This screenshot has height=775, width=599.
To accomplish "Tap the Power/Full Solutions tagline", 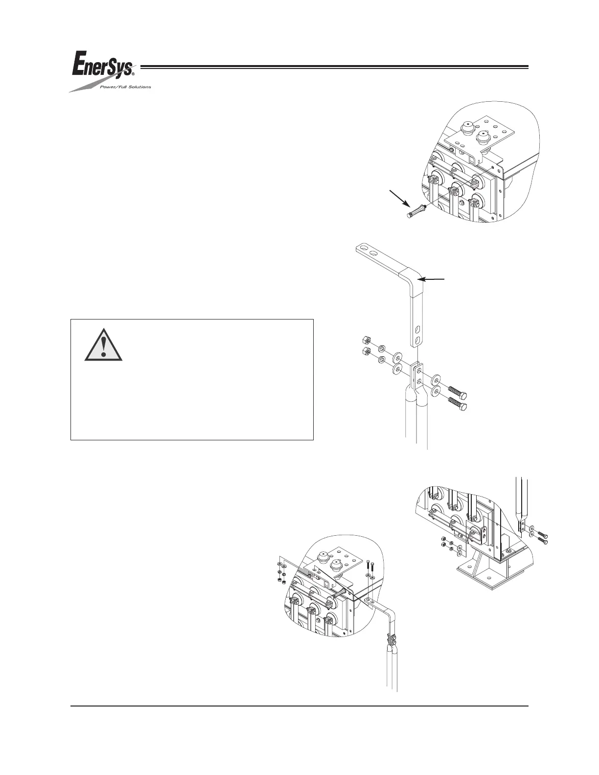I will coord(125,87).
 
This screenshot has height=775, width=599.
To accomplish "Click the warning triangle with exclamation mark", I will coord(103,345).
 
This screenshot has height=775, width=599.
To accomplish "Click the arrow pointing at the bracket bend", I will coord(434,279).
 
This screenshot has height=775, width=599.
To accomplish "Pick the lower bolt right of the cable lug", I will coord(457,405).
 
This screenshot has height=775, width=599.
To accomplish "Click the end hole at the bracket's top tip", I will coord(363,248).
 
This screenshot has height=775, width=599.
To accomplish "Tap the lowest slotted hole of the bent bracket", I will coord(417,340).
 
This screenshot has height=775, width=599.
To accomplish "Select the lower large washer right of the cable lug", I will coord(436,390).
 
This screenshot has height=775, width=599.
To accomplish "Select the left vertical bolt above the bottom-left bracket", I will coord(368,570).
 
